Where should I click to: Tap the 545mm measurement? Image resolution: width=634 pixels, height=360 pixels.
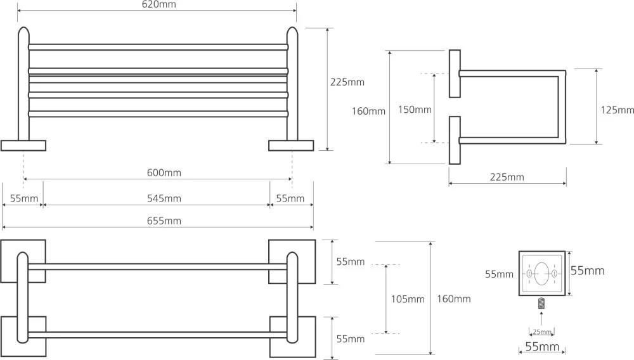164,198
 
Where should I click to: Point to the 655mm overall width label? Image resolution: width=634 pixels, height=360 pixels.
164,221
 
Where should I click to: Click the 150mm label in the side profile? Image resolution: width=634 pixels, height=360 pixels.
415,110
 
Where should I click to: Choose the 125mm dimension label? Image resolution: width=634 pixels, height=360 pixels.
617,110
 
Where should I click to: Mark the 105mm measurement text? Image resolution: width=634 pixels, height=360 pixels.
408,299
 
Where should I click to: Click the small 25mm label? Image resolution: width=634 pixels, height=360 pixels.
541,331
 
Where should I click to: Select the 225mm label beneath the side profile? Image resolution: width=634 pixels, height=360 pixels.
507,177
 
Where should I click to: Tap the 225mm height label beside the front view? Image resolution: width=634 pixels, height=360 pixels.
347,82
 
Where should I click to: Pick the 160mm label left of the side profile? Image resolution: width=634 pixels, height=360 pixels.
368,111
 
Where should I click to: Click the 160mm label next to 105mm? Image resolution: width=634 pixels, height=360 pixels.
454,299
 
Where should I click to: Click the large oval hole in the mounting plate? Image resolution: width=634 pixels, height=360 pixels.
541,274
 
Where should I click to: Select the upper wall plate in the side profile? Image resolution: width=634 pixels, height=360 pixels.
455,74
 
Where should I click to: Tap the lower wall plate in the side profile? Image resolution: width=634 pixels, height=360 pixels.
455,139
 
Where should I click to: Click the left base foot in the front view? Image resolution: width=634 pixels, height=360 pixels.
23,146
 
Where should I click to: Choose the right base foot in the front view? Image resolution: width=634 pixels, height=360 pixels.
291,146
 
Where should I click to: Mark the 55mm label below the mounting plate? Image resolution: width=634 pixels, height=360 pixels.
541,347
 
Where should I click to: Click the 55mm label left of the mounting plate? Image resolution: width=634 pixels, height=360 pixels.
499,274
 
